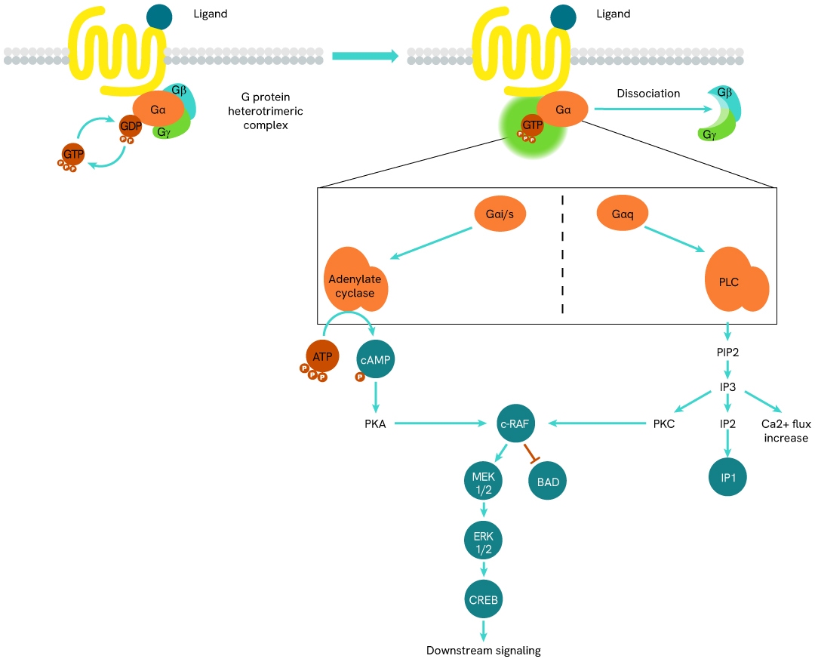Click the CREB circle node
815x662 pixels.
click(x=482, y=600)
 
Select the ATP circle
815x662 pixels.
click(x=322, y=356)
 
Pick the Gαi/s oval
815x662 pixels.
click(x=500, y=214)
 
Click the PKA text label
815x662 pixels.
click(x=375, y=424)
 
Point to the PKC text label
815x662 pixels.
click(x=663, y=424)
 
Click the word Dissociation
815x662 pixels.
click(x=638, y=94)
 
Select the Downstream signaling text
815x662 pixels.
click(x=484, y=650)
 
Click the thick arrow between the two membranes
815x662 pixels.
click(x=364, y=56)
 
